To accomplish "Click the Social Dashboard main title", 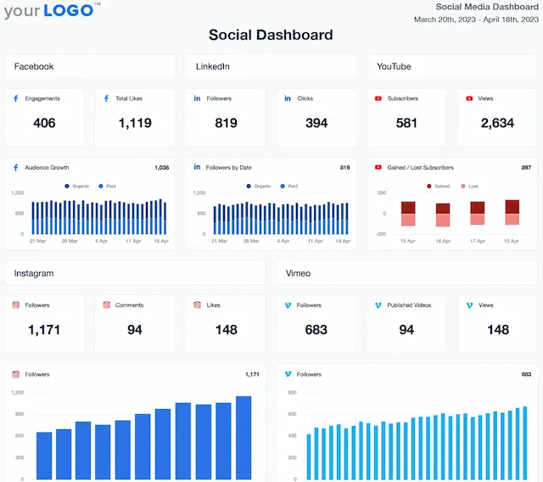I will point(271,35).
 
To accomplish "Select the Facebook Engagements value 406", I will point(44,123).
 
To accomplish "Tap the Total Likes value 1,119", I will point(135,123).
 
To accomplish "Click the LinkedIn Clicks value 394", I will point(316,123).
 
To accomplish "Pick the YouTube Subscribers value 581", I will point(406,123).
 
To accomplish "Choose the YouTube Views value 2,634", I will point(497,123).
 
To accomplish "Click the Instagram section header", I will point(34,273).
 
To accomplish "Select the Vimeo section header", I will point(299,273).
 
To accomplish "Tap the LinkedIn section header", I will point(213,66).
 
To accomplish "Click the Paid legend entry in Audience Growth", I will point(109,185).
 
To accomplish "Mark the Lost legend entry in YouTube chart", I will point(470,185).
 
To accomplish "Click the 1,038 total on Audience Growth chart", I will point(161,168).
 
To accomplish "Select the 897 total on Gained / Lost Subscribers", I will point(526,168).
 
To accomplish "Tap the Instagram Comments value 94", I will point(135,329).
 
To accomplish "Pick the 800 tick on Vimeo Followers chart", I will point(292,393).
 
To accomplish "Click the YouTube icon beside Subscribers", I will point(378,98).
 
